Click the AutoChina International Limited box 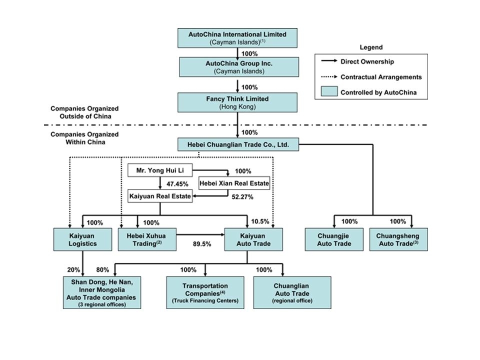click(237, 38)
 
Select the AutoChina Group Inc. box click(239, 67)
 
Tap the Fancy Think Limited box click(237, 102)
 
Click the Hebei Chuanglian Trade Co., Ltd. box click(238, 144)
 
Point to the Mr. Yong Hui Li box click(160, 170)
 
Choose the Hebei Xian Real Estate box click(234, 183)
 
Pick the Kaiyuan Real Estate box click(160, 196)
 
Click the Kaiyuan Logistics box click(82, 239)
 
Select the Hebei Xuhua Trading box click(147, 239)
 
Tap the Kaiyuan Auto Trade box click(253, 239)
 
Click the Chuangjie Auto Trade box click(334, 239)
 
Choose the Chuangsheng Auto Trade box click(398, 239)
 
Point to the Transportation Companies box click(205, 292)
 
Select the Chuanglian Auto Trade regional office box click(292, 292)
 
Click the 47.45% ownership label click(177, 184)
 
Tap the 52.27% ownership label click(242, 197)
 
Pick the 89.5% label click(202, 244)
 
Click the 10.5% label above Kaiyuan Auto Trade click(260, 221)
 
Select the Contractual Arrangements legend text click(381, 77)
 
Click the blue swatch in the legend click(329, 91)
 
